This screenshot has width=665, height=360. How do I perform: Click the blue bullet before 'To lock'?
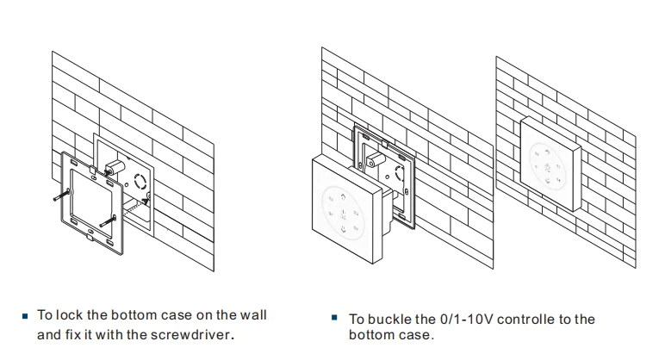[x=26, y=314]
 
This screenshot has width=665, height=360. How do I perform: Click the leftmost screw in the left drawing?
[x=58, y=200]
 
